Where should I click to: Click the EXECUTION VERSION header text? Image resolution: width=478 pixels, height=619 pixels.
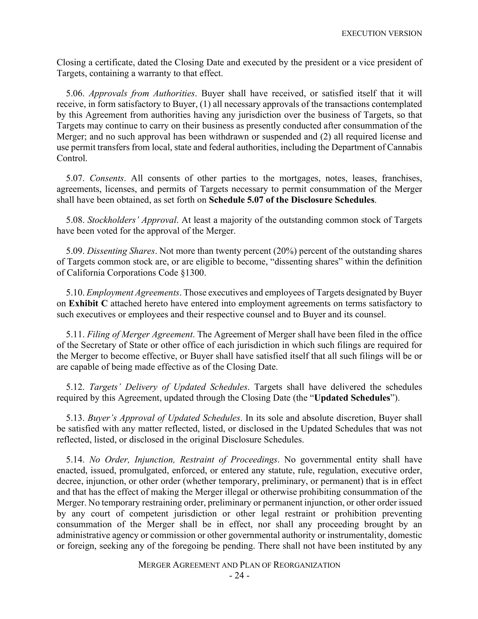(x=382, y=33)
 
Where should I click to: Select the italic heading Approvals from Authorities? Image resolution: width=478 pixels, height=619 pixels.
(x=142, y=93)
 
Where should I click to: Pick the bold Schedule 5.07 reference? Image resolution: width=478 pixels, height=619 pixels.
(x=292, y=200)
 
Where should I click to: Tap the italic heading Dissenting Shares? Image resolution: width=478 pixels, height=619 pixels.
(x=121, y=251)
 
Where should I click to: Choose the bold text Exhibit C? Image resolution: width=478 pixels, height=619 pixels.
(x=88, y=304)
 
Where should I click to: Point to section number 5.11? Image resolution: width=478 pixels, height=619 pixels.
(x=75, y=335)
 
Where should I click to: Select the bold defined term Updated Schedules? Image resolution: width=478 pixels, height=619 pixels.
(x=352, y=398)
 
